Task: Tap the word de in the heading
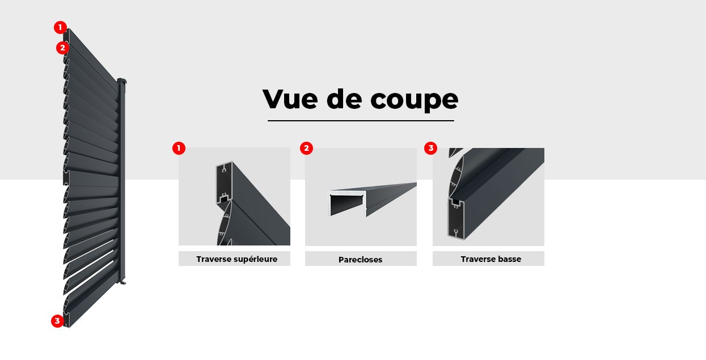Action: (x=344, y=100)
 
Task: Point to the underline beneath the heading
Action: (x=361, y=120)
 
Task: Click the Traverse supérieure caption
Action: (x=236, y=259)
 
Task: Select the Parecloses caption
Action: (x=360, y=260)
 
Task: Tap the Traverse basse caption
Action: (x=491, y=259)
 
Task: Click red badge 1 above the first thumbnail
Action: (x=179, y=149)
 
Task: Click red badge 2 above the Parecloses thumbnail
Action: (x=306, y=149)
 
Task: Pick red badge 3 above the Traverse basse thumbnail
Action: (x=430, y=149)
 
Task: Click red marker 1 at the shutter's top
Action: (x=60, y=27)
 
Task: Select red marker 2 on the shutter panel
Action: (x=62, y=48)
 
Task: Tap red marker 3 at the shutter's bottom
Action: (x=57, y=321)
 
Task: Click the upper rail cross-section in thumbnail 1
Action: (x=225, y=184)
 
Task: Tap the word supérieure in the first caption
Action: (x=255, y=259)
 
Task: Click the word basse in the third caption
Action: (x=507, y=259)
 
